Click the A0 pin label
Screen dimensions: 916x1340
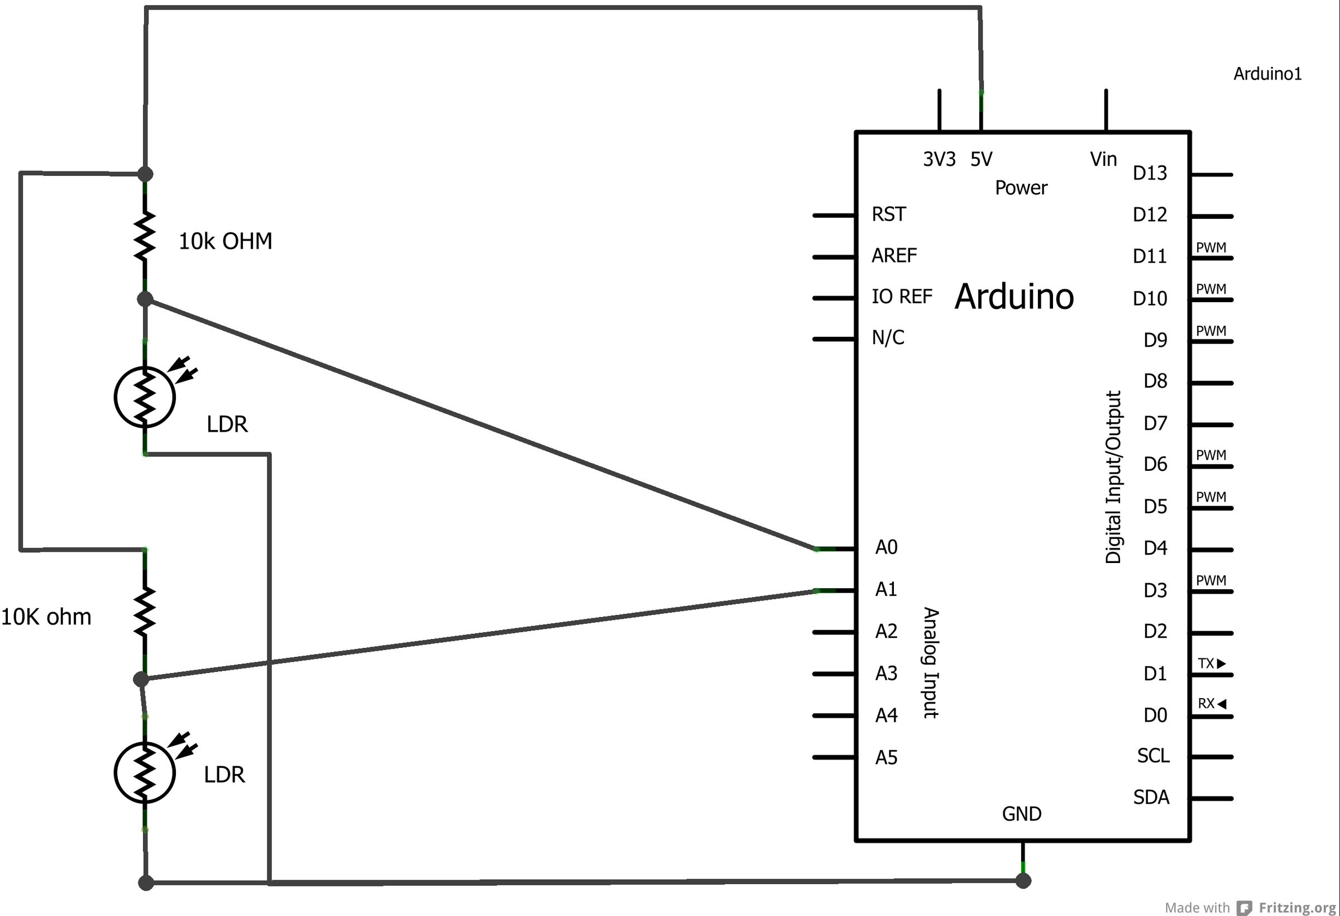pos(886,547)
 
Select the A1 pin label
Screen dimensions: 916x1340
pos(886,589)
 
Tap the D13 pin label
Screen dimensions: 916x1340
pos(1150,173)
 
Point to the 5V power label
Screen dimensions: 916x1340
pos(982,159)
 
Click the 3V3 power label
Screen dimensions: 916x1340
pos(939,159)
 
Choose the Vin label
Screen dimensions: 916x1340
pos(1103,159)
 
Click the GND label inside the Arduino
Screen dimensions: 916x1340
pos(1022,814)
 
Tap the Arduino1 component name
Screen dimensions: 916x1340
pos(1267,74)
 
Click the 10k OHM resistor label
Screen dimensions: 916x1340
pos(226,241)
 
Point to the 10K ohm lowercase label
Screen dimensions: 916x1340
pos(46,617)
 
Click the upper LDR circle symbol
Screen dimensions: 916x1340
pos(145,397)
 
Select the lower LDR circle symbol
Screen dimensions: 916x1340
pos(145,773)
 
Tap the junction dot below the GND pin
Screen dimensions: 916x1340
pos(1023,881)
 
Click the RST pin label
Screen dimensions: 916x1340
pos(888,214)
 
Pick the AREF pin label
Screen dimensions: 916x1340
pos(894,256)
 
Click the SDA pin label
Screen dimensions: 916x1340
pos(1151,797)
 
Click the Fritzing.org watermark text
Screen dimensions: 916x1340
pos(1297,908)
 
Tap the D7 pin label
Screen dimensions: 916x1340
pos(1155,423)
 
